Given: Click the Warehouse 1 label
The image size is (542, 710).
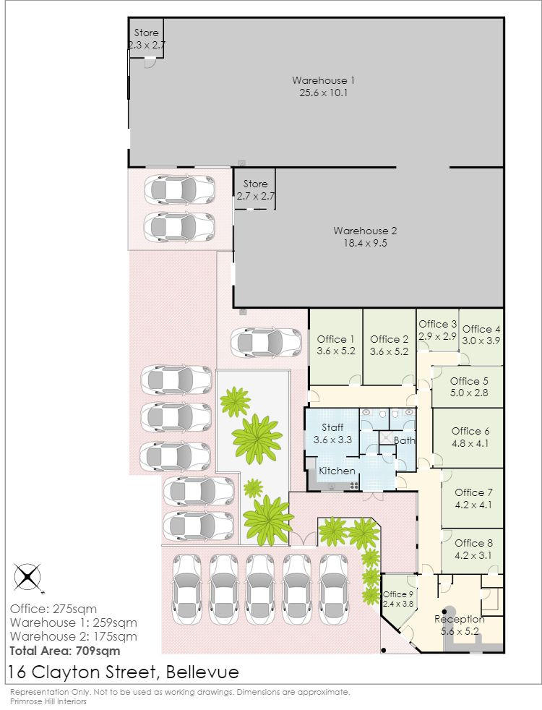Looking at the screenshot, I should coord(323,80).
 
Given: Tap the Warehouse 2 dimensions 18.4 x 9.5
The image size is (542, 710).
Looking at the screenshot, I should coord(365,244).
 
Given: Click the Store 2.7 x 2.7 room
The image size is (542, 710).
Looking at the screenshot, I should coord(255,190).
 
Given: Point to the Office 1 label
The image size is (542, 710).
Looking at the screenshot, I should coord(336,339).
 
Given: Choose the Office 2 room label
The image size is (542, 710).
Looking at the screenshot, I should coord(390,339).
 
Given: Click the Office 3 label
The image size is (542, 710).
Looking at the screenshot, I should coord(438,325).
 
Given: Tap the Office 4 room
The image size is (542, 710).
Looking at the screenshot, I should coord(481,335).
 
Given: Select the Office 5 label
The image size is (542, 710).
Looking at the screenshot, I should coord(469,381).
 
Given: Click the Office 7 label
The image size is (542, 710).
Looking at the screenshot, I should coord(473,493).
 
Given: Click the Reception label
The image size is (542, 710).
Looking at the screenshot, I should coord(459,620).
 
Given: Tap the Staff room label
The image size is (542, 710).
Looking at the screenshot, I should coord(332,428).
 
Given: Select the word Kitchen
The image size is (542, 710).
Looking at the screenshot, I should coord(337,471).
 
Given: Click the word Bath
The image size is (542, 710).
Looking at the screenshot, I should coord(405,440).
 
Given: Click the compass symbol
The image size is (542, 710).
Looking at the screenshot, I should coord(27,577).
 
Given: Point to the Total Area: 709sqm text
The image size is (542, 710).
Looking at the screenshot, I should coord(64,651).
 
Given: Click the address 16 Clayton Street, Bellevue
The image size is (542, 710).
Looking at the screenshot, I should coord(123,672).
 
